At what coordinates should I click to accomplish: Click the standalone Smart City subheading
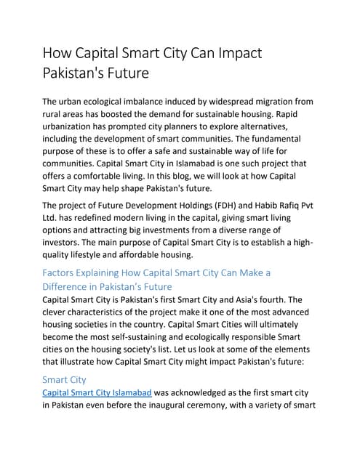pos(65,379)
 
